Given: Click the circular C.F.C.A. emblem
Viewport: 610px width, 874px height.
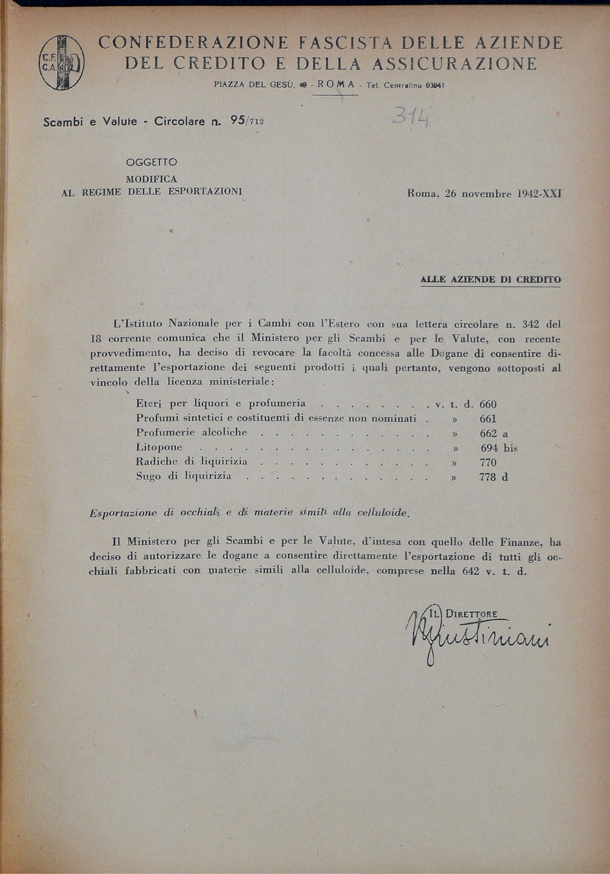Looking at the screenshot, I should click(61, 62).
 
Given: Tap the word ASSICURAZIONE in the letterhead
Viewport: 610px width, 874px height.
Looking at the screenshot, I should click(454, 64).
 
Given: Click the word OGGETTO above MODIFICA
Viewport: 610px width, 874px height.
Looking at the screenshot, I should click(151, 163).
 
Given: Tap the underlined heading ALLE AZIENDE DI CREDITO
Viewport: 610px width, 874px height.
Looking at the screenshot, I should click(490, 279).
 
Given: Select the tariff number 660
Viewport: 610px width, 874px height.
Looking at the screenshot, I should click(488, 404).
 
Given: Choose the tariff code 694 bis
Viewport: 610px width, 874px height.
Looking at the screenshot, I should click(498, 448).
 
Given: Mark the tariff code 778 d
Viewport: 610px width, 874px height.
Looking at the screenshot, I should click(493, 477).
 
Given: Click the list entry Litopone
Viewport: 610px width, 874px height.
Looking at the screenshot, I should click(159, 448).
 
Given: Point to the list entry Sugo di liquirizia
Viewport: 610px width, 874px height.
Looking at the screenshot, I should click(183, 476).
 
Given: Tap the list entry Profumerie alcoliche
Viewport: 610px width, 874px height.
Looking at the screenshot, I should click(191, 433).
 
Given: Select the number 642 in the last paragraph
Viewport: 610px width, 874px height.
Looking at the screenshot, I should click(471, 571).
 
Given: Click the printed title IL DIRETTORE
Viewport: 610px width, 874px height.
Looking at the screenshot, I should click(463, 614).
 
